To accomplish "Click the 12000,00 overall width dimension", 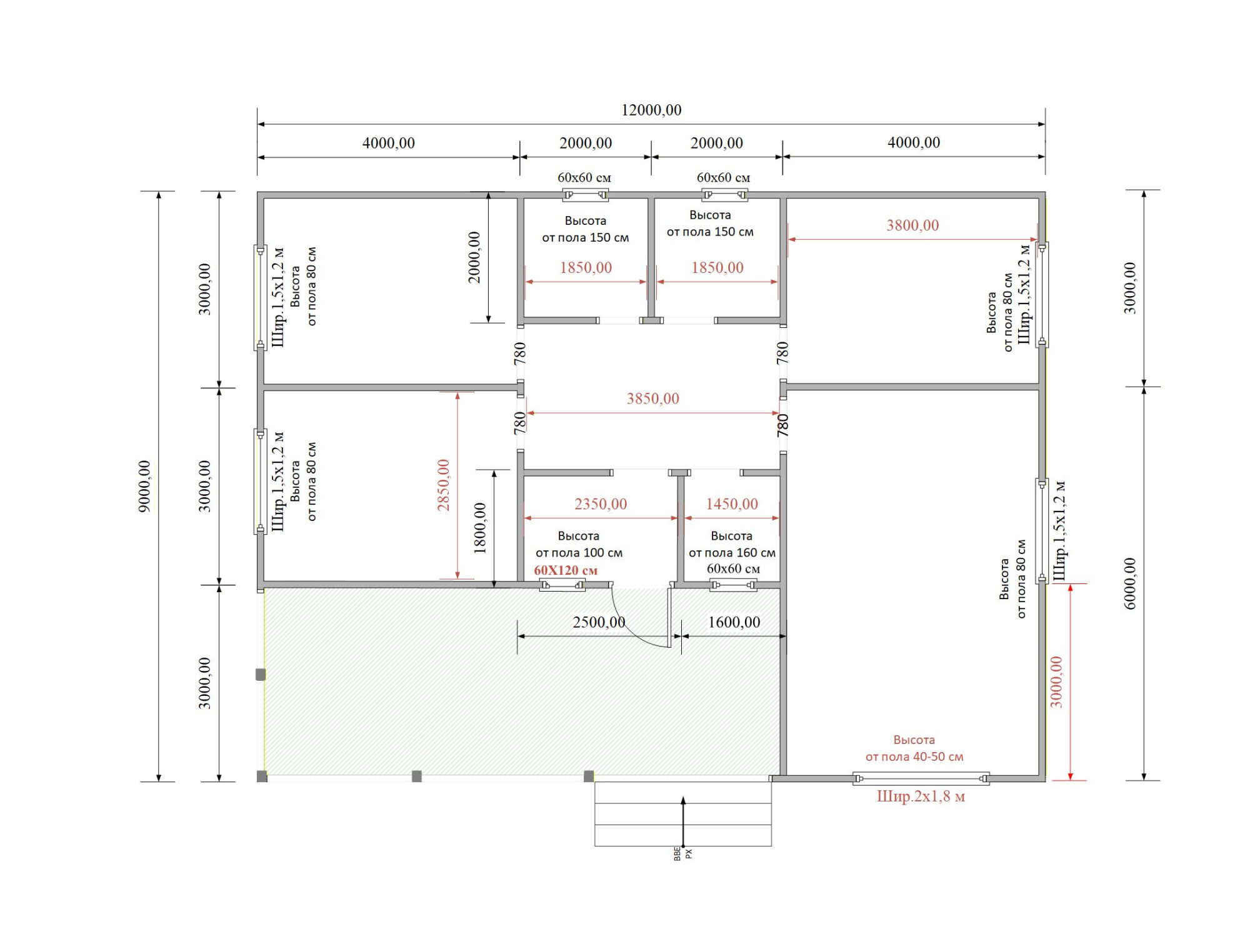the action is pos(651,110).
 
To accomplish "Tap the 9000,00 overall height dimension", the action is pos(144,486).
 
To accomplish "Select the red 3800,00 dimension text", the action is pos(912,226).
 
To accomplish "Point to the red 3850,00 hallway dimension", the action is pos(652,399).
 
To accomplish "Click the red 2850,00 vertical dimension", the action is pos(443,485).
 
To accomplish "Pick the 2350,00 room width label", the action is pos(601,504).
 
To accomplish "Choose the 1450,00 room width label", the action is pos(732,504).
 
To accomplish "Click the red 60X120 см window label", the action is pos(566,570).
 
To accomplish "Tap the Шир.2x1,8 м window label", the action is pos(921,796).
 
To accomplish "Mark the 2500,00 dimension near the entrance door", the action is pos(599,622).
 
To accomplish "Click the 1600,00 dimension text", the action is pos(734,622).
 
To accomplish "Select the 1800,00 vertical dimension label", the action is pos(480,528).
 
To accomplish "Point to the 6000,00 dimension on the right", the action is pos(1130,583).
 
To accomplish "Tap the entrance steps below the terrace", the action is pos(683,814).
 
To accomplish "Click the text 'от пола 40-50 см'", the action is pos(914,757).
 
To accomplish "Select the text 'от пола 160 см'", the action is pos(732,553).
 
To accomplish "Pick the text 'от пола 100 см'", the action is pos(579,553).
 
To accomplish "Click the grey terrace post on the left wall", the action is pos(261,674).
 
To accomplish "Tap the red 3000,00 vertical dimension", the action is pos(1056,682).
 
